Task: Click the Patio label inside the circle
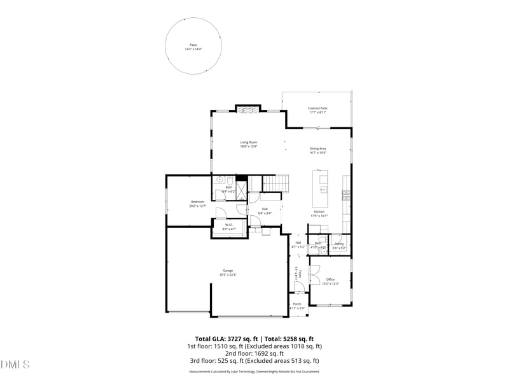tap(193, 45)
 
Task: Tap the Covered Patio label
tap(317, 109)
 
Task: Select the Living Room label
tap(248, 142)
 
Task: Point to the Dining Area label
tap(317, 148)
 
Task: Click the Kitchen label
tap(319, 211)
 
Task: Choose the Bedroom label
tap(197, 202)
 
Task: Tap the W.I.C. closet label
tap(229, 225)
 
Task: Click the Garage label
tap(228, 271)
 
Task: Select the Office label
tap(330, 279)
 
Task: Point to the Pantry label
tap(339, 244)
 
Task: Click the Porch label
tap(297, 304)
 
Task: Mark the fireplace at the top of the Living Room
tap(248, 110)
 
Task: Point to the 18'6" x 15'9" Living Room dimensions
tap(248, 146)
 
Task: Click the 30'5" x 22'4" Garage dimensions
tap(228, 275)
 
